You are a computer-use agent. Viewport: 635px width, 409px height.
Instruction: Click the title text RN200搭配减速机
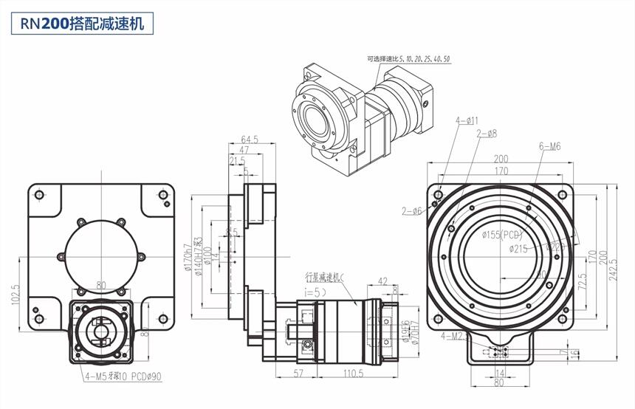[x=82, y=23]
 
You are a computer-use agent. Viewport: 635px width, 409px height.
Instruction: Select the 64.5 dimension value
[x=250, y=138]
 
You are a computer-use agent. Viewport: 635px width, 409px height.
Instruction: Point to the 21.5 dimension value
[x=238, y=160]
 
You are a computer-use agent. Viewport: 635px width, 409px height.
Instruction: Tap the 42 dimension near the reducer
[x=382, y=281]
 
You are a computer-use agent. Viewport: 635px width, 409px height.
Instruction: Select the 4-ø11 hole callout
[x=467, y=120]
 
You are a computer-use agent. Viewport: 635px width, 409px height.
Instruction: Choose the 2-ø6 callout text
[x=411, y=211]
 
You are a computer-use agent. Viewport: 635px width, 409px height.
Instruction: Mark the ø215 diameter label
[x=521, y=249]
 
